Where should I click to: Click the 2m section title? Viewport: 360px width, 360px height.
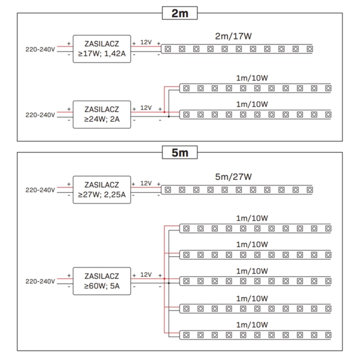click(180, 13)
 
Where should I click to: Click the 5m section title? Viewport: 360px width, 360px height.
click(180, 152)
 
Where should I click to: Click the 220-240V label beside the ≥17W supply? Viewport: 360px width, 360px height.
click(40, 48)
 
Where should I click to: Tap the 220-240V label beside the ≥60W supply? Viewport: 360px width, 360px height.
click(40, 281)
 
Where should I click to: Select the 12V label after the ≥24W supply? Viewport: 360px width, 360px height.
click(146, 108)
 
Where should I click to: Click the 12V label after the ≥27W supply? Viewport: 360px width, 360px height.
click(146, 183)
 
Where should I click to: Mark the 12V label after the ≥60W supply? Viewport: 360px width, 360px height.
click(146, 275)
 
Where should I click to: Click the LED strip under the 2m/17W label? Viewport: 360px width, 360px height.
click(238, 48)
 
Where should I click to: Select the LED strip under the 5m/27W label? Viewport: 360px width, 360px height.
click(238, 189)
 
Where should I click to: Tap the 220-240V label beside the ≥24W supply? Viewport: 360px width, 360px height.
click(40, 114)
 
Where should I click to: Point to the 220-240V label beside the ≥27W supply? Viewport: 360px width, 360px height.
click(40, 190)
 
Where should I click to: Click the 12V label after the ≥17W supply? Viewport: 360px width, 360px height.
click(146, 42)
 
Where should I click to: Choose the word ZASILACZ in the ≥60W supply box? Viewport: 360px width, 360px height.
click(101, 275)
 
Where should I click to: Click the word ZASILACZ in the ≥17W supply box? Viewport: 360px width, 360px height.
click(101, 42)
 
